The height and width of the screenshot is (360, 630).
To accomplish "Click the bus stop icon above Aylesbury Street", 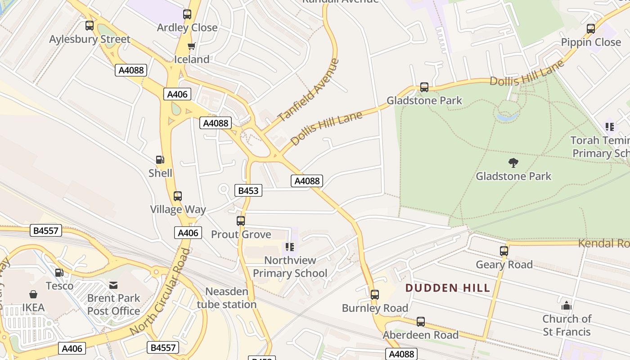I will (90, 26).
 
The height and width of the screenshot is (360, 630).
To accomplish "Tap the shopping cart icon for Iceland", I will (192, 46).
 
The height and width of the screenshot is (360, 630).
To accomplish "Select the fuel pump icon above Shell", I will (160, 159).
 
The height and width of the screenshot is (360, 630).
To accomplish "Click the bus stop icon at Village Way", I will (178, 196).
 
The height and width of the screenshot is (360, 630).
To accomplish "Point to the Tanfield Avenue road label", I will (308, 90).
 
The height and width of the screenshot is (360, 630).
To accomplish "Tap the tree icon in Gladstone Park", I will (513, 162).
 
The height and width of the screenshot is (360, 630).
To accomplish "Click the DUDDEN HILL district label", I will (448, 288).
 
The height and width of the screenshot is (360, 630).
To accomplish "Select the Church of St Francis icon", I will (566, 306).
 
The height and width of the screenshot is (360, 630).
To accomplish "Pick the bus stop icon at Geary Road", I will (504, 251).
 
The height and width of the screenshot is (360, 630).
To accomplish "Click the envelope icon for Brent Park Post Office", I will (113, 285).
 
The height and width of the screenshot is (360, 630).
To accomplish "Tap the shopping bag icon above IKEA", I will (33, 294).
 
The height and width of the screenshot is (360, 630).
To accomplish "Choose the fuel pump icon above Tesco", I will (59, 273).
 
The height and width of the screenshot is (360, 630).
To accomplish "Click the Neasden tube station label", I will (227, 298).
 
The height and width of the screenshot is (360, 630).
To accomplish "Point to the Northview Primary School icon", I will (290, 247).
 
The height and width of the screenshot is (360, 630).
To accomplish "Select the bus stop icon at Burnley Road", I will (375, 295).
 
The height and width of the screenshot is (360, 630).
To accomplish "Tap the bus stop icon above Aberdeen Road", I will (421, 322).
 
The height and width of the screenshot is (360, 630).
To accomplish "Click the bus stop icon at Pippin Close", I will (591, 29).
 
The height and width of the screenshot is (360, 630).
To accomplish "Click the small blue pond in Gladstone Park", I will (507, 117).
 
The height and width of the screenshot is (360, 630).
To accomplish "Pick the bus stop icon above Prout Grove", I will (241, 221).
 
